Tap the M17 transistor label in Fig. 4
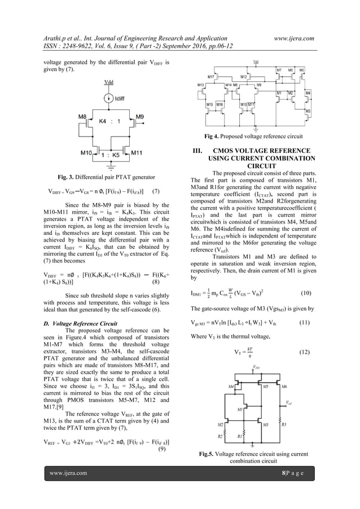pos(211,76)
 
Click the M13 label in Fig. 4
pos(201,85)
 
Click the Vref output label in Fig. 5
pos(289,403)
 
